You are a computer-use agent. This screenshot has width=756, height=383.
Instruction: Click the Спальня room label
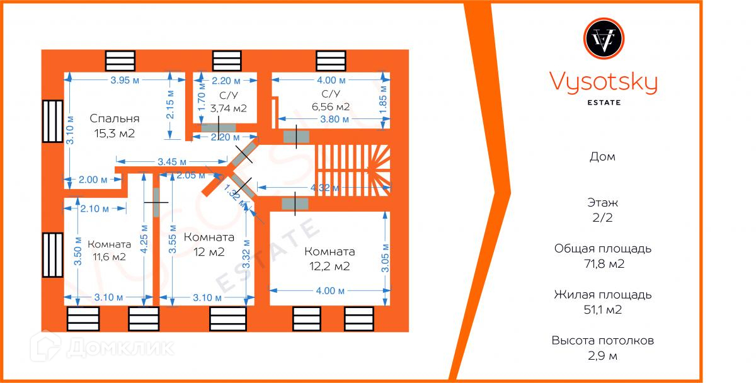114,118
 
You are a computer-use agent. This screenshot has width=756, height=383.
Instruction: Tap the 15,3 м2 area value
115,134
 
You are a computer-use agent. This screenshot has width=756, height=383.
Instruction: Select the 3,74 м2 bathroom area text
228,108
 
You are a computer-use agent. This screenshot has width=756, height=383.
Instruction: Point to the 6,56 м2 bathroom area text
331,107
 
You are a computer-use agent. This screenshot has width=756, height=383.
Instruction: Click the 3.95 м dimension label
124,80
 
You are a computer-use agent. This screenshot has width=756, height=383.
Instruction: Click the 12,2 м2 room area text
329,266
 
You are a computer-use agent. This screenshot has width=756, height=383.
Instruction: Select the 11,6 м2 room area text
110,257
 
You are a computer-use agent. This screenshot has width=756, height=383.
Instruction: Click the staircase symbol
353,164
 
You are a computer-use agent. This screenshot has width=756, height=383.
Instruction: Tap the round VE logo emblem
604,40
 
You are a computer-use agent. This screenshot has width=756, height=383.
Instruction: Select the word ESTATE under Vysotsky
604,102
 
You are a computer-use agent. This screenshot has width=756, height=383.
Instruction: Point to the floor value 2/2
604,218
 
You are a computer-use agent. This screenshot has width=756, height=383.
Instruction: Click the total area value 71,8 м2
603,264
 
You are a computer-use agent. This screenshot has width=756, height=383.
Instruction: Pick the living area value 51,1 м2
603,310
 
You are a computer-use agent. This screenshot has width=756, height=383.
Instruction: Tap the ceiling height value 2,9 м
603,356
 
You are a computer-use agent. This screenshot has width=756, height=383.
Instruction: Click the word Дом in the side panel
604,157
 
